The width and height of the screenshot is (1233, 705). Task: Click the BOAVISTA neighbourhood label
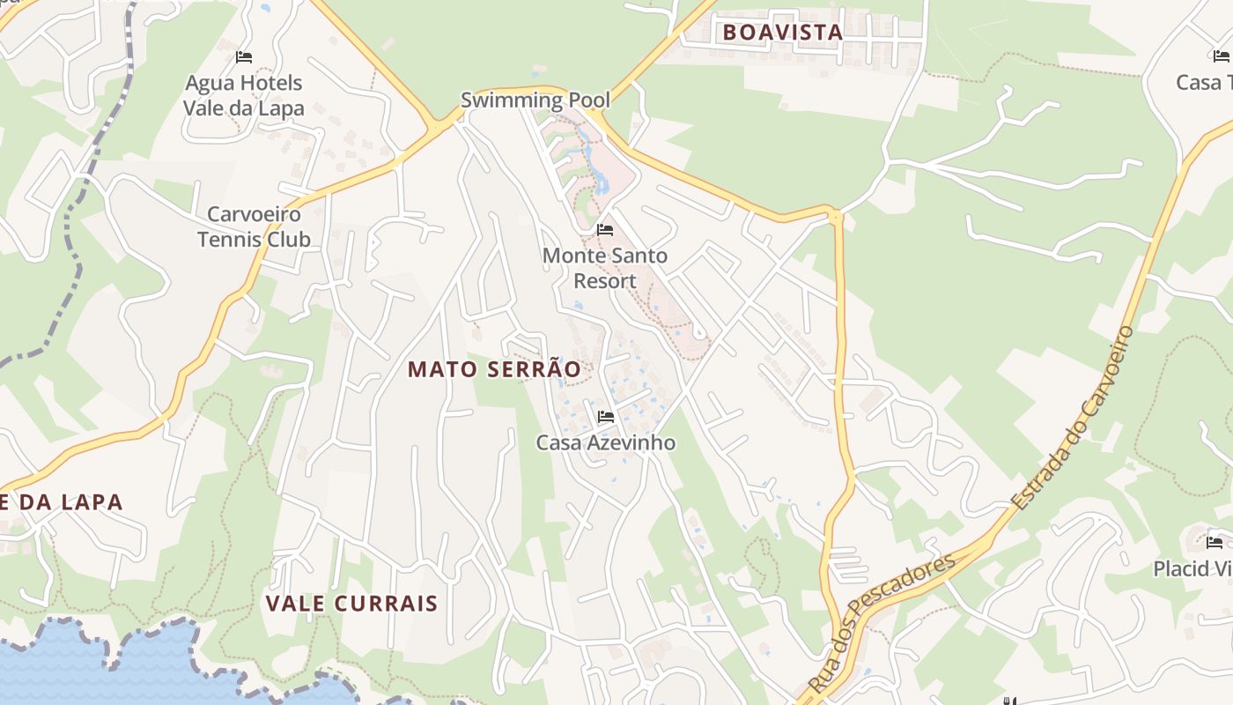(782, 33)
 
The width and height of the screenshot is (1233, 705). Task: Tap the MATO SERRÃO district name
(494, 369)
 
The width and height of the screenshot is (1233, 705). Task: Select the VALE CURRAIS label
(351, 604)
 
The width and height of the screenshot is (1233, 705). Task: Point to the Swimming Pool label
(535, 100)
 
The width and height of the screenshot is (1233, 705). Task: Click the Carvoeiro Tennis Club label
(254, 226)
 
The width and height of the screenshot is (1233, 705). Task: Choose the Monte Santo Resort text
(604, 268)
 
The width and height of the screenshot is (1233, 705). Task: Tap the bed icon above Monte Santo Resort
(605, 230)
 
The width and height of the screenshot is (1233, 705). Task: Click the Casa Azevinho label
(606, 442)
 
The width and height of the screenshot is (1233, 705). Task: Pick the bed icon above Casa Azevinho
(605, 416)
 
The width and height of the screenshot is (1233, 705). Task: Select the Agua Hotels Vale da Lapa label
(243, 95)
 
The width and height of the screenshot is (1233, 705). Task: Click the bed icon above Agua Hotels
(244, 57)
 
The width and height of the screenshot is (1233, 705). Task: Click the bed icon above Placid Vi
(1215, 542)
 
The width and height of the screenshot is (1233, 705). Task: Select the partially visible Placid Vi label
(1192, 568)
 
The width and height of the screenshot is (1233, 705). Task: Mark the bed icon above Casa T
(1221, 56)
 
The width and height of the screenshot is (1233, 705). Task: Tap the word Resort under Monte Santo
(604, 280)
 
